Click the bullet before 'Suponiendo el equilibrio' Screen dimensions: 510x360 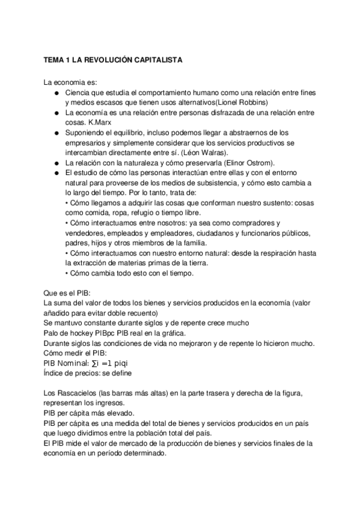click(x=55, y=133)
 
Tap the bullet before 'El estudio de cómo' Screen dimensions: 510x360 click(x=55, y=173)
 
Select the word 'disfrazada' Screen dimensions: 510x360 click(x=216, y=112)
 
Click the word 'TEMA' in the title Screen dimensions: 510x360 click(x=54, y=61)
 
